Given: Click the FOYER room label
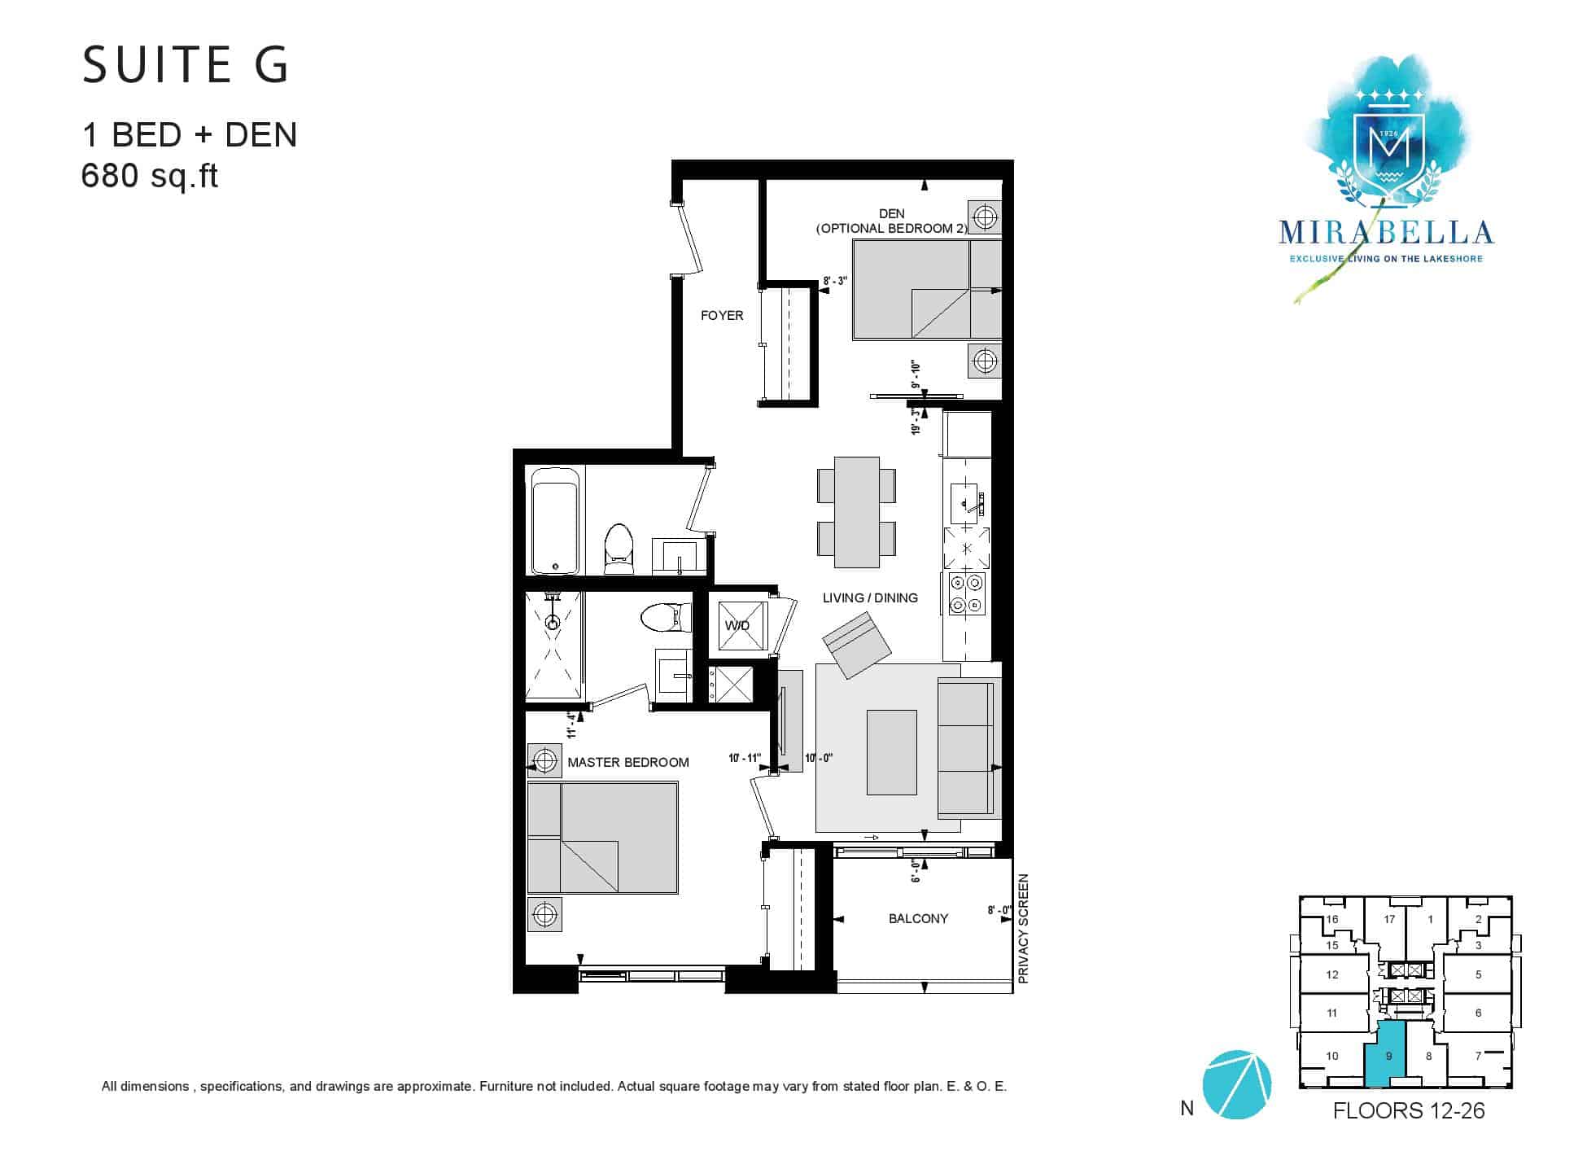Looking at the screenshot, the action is (722, 316).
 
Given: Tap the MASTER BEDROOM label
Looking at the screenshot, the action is (628, 763).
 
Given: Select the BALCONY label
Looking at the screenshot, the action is (918, 918).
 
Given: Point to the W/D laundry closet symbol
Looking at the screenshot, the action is (738, 625).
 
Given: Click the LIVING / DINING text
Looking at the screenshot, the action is (870, 598).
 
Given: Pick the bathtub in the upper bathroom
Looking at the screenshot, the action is (555, 520).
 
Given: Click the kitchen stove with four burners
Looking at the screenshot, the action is (967, 594).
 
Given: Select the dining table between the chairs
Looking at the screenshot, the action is (857, 512).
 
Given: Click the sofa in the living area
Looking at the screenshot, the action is (968, 747).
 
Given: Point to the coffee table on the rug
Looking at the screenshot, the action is (892, 752).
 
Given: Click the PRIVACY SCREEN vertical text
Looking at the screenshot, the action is (1024, 929).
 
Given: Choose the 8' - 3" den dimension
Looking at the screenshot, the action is (835, 281).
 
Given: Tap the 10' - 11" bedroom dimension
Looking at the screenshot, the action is (745, 759).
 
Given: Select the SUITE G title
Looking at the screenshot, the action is (186, 65).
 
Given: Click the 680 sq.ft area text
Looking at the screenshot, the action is (150, 175).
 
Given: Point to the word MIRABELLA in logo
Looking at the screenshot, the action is (1386, 233).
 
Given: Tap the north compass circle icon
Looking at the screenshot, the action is (1236, 1084).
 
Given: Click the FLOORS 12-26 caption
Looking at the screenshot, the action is (1409, 1111).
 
